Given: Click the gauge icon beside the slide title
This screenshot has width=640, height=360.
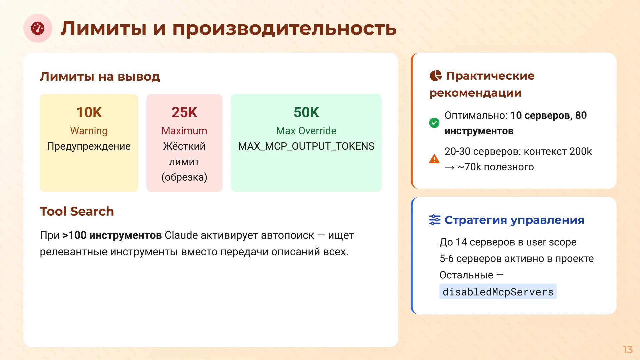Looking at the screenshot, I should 38,28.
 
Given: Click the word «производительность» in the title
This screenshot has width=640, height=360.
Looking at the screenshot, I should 284,28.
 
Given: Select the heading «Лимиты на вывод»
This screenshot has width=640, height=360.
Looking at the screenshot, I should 100,77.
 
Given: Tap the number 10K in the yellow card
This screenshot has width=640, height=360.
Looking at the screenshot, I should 89,112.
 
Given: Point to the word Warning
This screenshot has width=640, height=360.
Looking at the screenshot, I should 89,131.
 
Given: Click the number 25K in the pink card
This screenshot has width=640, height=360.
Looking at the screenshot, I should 184,112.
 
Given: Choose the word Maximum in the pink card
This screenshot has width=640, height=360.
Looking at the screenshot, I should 184,131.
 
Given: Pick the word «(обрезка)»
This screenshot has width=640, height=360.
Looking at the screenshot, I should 184,177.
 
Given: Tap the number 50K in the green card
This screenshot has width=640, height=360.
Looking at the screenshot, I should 306,112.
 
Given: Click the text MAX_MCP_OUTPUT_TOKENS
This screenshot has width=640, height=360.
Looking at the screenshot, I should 306,146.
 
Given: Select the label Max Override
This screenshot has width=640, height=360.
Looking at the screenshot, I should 306,131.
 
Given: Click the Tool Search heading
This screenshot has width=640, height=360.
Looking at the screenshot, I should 77,211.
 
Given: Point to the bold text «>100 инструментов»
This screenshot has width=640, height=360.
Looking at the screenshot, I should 112,235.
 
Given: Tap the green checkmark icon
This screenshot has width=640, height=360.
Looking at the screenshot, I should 434,123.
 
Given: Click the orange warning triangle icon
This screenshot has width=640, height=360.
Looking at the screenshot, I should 434,159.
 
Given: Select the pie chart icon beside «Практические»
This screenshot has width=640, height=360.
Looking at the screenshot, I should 435,76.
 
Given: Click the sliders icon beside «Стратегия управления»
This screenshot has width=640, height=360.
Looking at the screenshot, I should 435,220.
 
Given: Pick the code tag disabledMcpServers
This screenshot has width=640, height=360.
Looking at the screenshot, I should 498,292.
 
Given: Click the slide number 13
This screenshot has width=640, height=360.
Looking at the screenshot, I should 628,349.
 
